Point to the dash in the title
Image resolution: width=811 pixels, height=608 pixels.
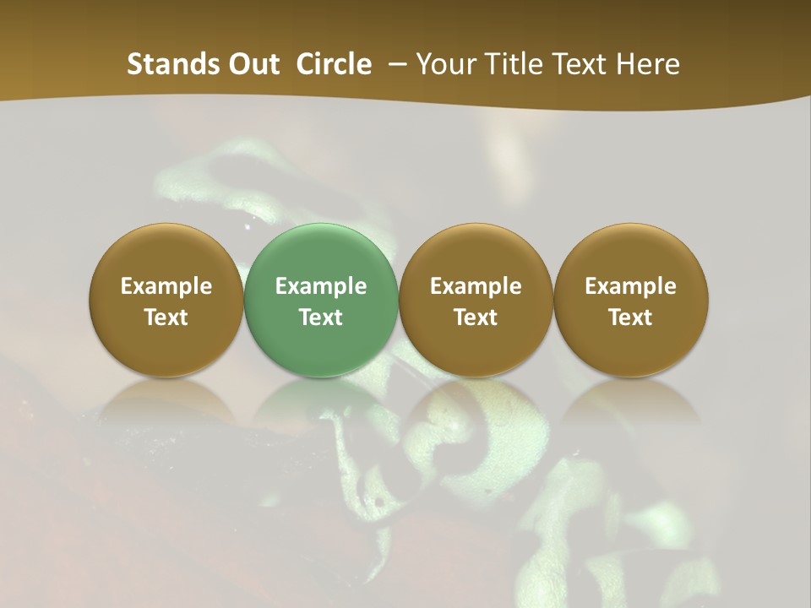pyautogui.click(x=394, y=64)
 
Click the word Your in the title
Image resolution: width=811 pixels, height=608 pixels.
pyautogui.click(x=445, y=64)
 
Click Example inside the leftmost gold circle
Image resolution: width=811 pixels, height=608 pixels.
pyautogui.click(x=166, y=286)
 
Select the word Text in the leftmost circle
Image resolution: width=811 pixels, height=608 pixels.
pyautogui.click(x=166, y=318)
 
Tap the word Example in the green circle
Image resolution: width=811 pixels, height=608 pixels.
pyautogui.click(x=321, y=286)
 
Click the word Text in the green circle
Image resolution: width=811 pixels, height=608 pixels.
pyautogui.click(x=321, y=318)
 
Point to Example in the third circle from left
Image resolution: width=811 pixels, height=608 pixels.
pyautogui.click(x=476, y=286)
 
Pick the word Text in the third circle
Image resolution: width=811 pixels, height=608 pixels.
pyautogui.click(x=476, y=318)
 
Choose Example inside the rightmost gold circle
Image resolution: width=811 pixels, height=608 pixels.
pyautogui.click(x=631, y=286)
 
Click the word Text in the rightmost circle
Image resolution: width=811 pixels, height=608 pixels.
pyautogui.click(x=631, y=318)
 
